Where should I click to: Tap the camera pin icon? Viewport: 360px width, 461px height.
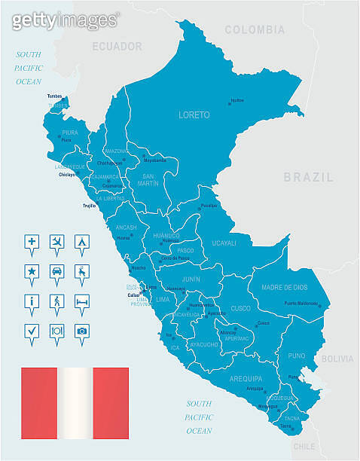click(82, 330)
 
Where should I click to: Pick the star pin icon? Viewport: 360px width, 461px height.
click(32, 271)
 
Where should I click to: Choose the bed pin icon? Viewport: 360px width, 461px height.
click(82, 301)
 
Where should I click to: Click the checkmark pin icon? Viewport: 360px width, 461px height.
click(32, 330)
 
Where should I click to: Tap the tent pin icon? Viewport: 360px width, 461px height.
click(82, 242)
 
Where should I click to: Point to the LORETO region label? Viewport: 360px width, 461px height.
click(194, 115)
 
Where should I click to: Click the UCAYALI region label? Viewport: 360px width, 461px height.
click(224, 243)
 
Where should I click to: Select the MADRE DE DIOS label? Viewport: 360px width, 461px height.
click(285, 288)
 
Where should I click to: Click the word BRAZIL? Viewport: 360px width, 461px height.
click(308, 178)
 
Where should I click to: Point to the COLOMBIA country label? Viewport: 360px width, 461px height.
click(256, 30)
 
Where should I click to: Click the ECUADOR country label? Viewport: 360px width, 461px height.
click(117, 47)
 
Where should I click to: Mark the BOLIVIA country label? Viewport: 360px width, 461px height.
click(337, 359)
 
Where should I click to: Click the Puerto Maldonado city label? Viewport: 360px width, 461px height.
click(301, 304)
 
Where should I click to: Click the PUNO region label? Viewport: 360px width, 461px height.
click(297, 355)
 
